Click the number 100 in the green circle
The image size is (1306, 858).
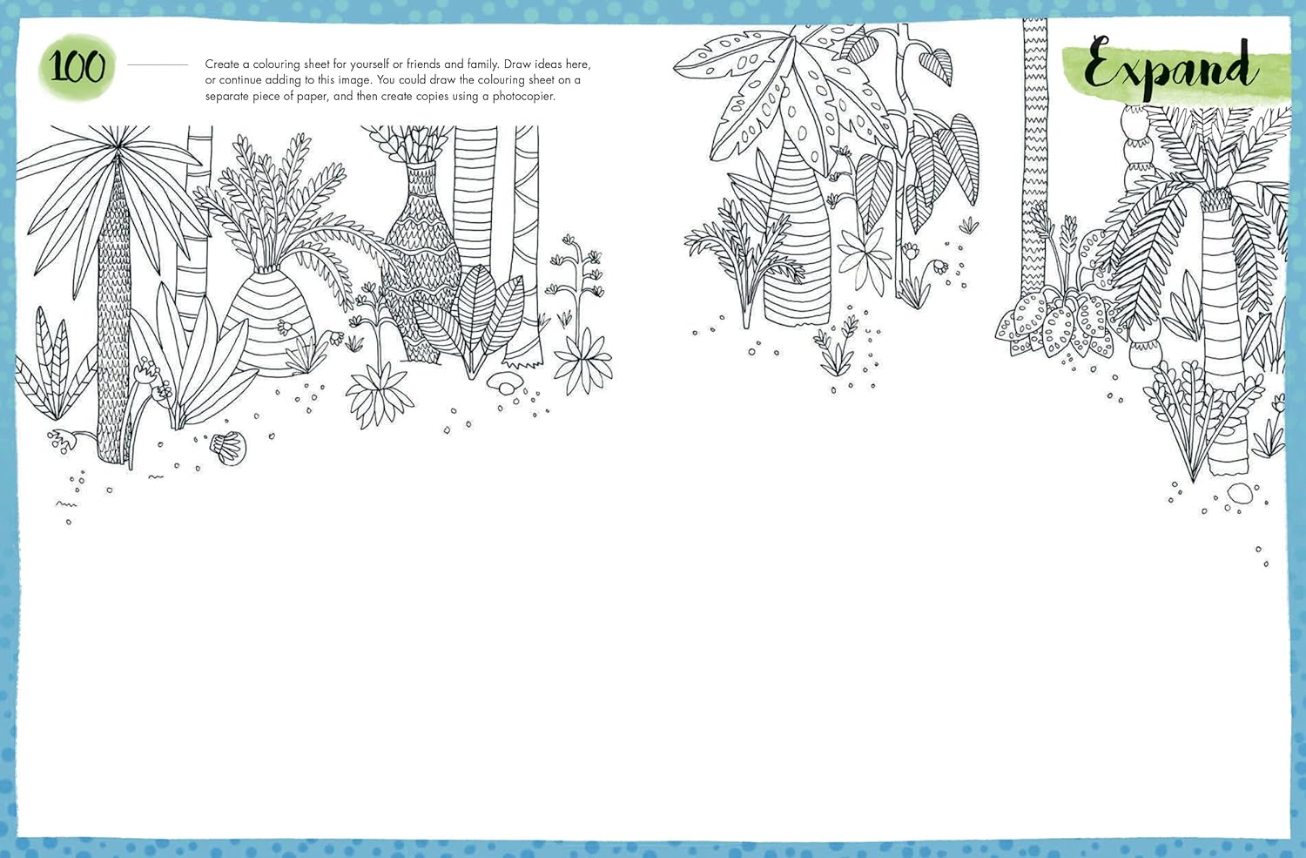pyautogui.click(x=77, y=65)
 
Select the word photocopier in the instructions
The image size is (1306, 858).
pyautogui.click(x=523, y=96)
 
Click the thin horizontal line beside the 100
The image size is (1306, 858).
pyautogui.click(x=158, y=64)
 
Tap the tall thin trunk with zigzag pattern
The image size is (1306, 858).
pyautogui.click(x=1034, y=158)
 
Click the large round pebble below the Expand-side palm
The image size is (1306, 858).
pyautogui.click(x=1240, y=493)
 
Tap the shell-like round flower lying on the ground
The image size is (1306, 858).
pyautogui.click(x=228, y=448)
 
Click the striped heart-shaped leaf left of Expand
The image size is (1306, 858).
pyautogui.click(x=936, y=66)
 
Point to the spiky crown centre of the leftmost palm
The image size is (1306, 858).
pyautogui.click(x=118, y=142)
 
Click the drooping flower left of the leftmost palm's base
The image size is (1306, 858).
pyautogui.click(x=62, y=441)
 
